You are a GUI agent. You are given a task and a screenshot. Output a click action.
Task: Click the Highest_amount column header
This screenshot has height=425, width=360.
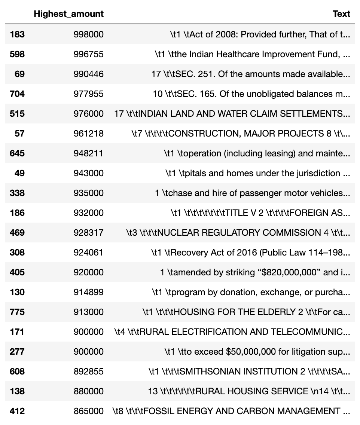(x=68, y=14)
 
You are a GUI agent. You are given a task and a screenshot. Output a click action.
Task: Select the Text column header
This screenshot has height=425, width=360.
(x=341, y=14)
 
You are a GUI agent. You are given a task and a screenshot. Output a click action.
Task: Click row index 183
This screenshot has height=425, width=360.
(x=17, y=34)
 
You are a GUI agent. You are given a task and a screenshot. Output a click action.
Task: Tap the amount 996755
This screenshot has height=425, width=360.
(x=88, y=54)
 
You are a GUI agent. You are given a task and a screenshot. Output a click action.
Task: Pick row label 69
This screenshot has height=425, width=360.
(x=19, y=74)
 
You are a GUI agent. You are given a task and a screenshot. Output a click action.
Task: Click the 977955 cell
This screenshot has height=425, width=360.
(x=88, y=94)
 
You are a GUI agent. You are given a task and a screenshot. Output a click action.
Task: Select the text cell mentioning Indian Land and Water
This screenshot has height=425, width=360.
(x=232, y=114)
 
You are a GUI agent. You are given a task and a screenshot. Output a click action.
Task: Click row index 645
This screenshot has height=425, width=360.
(x=17, y=153)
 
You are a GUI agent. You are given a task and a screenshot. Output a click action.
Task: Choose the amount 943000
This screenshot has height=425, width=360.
(x=88, y=173)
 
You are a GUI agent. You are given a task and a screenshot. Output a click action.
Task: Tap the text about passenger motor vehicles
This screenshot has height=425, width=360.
(x=253, y=193)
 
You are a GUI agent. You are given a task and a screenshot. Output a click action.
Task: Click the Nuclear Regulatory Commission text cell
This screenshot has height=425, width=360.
(x=238, y=233)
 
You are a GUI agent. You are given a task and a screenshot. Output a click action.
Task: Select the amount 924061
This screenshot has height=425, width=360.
(x=88, y=253)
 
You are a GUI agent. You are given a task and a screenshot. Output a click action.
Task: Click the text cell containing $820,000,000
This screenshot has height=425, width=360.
(x=255, y=272)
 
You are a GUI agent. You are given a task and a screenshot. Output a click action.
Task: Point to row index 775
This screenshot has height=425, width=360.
(x=17, y=312)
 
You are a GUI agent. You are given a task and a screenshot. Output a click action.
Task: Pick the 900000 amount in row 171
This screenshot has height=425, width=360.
(x=88, y=332)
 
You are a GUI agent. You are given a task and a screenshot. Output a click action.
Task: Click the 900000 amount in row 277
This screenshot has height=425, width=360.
(x=88, y=352)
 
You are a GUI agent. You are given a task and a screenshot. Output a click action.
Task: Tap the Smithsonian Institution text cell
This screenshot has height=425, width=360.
(x=249, y=372)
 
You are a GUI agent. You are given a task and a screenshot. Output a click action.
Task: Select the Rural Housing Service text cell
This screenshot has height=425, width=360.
(x=249, y=391)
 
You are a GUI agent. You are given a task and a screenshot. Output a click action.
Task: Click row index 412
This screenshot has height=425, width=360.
(x=17, y=411)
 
